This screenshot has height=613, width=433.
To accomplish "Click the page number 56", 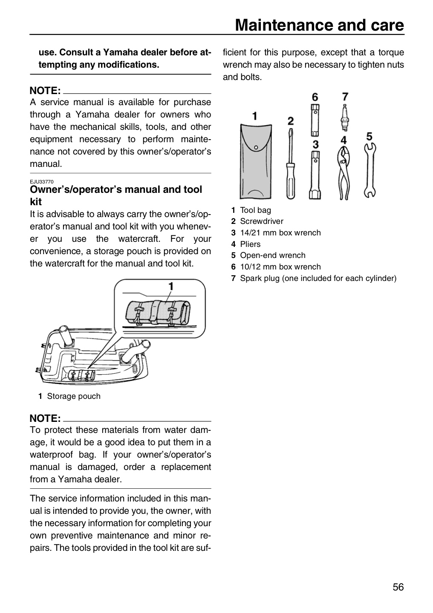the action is coord(398,587).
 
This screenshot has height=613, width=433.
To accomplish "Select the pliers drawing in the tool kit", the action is coord(344,173).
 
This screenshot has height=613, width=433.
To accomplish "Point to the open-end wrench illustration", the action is coord(369,170).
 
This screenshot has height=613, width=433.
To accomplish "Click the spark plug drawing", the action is coord(345,117).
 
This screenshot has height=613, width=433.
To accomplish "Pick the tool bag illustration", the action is coord(256,161).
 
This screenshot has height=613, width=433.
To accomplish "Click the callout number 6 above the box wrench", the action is coord(315,97).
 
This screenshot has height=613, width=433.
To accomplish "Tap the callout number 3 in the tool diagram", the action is coord(316,144).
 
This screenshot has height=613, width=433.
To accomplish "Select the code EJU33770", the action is coord(42,182).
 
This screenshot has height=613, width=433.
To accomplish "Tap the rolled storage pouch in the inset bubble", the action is coord(158,313).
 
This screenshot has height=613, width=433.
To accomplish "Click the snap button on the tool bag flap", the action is coord(256,147).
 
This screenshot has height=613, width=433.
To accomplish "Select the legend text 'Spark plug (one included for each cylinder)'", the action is coord(318,278).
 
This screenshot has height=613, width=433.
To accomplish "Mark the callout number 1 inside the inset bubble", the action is coord(171,286).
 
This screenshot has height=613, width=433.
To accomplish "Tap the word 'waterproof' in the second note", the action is coord(51,455).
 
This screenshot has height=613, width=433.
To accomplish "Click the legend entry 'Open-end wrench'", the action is coord(273,255).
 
